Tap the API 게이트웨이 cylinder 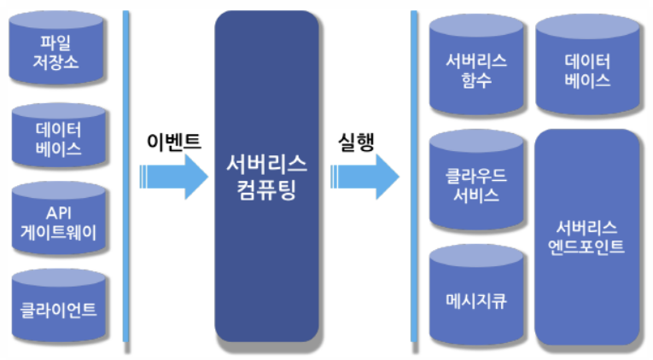coord(59,220)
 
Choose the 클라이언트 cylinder coord(59,307)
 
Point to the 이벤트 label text coord(173,141)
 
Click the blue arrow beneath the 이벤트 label coord(175,177)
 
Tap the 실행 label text coord(355,141)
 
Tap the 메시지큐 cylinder coord(475,299)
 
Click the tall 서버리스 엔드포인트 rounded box coord(588,236)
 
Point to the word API coord(59,210)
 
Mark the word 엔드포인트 coord(588,247)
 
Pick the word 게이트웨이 coord(59,230)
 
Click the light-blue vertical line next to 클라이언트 coord(126,307)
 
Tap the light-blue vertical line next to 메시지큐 coord(414,299)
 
